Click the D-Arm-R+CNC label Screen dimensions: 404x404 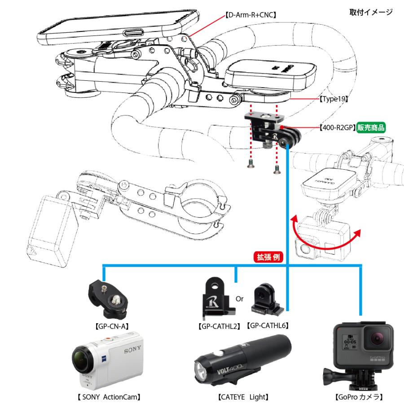tap(250, 15)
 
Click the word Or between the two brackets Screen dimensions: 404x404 tap(240, 299)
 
